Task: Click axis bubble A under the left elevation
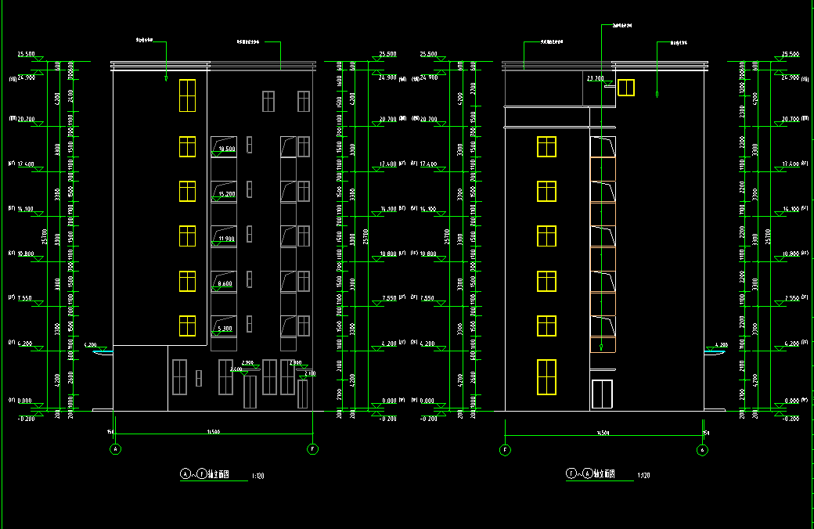[116, 449]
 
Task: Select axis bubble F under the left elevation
[312, 449]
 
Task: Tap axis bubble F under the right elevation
[505, 450]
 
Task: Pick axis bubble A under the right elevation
[702, 450]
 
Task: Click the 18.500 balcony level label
[227, 149]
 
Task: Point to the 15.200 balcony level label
[227, 193]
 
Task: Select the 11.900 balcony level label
[227, 238]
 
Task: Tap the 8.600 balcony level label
[227, 283]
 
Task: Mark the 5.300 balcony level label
[227, 329]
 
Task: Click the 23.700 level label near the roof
[595, 78]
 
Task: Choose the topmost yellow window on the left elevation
[187, 95]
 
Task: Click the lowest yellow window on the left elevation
[187, 326]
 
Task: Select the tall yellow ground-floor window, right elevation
[546, 376]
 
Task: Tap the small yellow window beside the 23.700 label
[625, 87]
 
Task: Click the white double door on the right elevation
[602, 394]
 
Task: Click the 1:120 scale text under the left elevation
[258, 475]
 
